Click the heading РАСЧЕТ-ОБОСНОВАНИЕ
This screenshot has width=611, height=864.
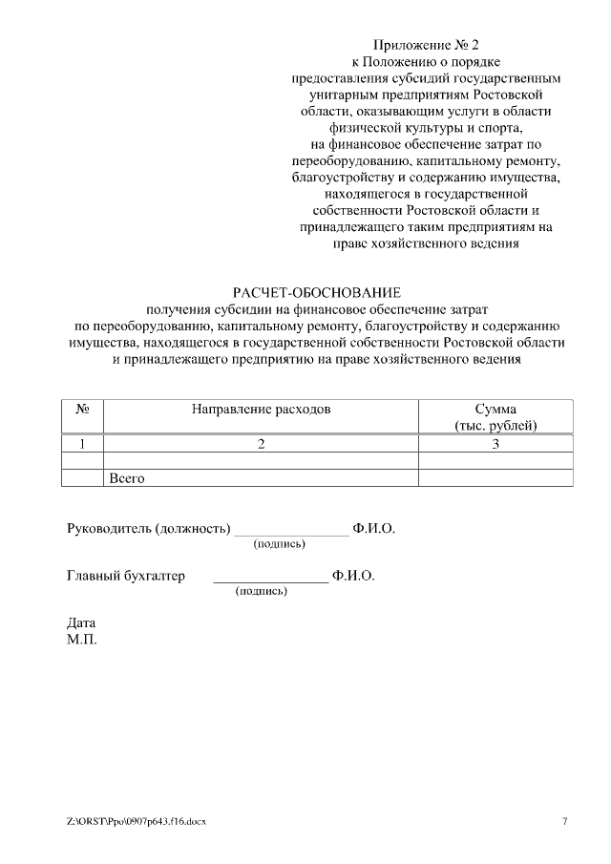(318, 291)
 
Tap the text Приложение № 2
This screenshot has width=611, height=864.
(425, 45)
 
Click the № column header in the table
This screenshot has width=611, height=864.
(82, 409)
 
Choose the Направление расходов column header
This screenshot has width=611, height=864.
(261, 409)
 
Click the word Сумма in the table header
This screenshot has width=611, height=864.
(495, 409)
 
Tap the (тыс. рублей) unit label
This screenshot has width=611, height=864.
(495, 425)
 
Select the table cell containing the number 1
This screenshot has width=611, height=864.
(82, 443)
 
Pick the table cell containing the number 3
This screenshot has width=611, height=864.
(495, 443)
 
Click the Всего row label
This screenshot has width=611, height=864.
(127, 477)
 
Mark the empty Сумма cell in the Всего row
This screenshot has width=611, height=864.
(495, 477)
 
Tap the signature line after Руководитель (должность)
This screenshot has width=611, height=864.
(292, 533)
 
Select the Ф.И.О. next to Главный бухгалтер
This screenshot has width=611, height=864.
(353, 576)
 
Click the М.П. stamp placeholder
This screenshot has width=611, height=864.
(81, 639)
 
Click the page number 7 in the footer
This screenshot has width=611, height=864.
(564, 821)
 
